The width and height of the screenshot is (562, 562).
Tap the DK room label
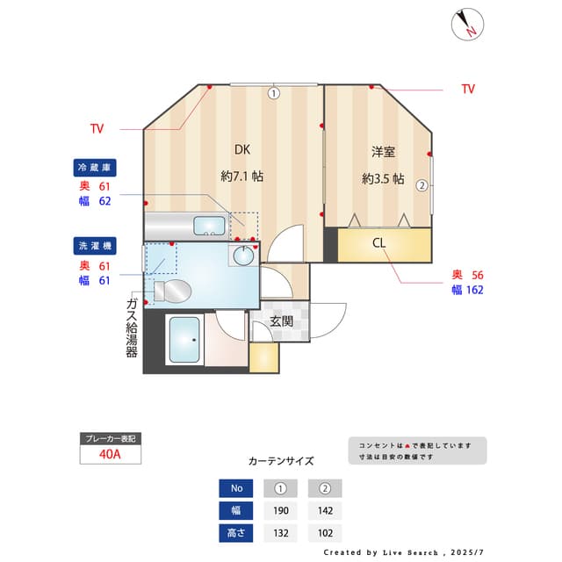click(241, 148)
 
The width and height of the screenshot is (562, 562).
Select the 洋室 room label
click(383, 152)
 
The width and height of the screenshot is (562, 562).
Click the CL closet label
click(379, 243)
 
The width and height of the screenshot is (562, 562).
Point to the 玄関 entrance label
click(281, 321)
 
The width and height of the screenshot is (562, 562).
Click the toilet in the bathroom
click(171, 290)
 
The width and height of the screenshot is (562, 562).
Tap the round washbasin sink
click(242, 256)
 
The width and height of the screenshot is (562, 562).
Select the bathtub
click(184, 340)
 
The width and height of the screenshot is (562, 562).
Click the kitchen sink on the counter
click(207, 227)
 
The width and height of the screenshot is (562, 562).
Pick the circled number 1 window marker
click(274, 92)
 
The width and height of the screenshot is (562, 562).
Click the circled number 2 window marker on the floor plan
click(422, 185)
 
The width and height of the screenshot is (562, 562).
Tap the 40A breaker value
click(110, 454)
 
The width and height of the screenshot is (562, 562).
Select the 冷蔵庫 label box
click(96, 167)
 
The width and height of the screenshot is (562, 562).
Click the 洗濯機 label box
click(96, 246)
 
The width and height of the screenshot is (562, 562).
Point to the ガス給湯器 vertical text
click(132, 327)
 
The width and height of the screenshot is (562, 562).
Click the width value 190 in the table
click(280, 511)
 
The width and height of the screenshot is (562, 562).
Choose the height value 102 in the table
click(325, 533)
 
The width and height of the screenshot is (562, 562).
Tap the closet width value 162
click(474, 289)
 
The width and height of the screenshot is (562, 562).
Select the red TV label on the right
click(468, 89)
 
